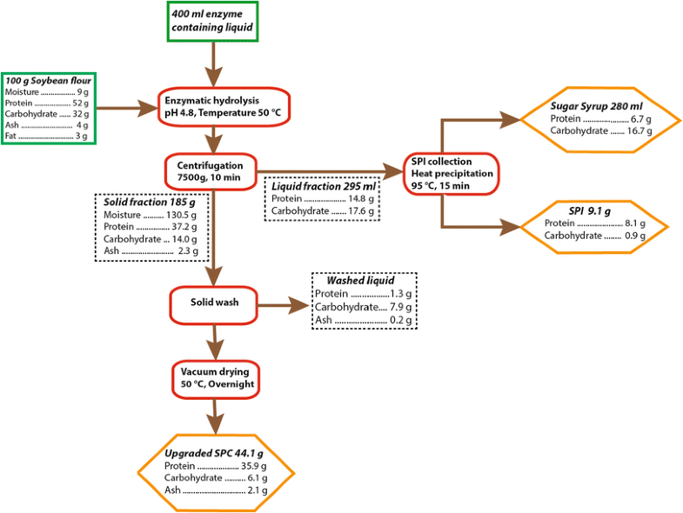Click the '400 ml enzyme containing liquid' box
[x=213, y=22]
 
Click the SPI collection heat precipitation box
[x=452, y=173]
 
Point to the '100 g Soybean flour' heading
[x=49, y=79]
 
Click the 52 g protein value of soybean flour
[x=82, y=102]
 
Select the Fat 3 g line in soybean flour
[x=47, y=136]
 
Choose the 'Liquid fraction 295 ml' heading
[x=324, y=186]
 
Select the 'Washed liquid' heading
[x=360, y=281]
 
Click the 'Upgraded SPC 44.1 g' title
[x=214, y=453]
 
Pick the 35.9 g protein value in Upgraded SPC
[x=250, y=466]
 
